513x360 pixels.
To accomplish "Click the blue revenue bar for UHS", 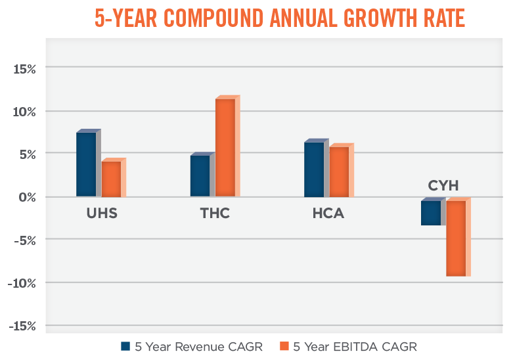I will coord(86,164).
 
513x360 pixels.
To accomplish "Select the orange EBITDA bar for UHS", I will coord(111,179).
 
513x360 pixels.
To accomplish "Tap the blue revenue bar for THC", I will coord(200,175).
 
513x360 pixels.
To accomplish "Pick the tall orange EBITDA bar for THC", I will coord(225,147).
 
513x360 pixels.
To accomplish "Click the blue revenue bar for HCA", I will coord(313,169).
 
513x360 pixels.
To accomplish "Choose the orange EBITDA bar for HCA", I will coord(339,171).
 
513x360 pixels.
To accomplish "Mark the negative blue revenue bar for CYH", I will coord(431,213).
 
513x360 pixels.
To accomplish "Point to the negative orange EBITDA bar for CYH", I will coord(456,238).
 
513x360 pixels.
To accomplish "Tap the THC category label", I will coord(215,214).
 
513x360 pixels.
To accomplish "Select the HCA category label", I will coord(328,214).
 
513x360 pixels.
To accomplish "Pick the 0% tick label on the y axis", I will coord(25,197).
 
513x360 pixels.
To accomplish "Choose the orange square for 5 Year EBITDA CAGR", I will coord(284,346).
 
